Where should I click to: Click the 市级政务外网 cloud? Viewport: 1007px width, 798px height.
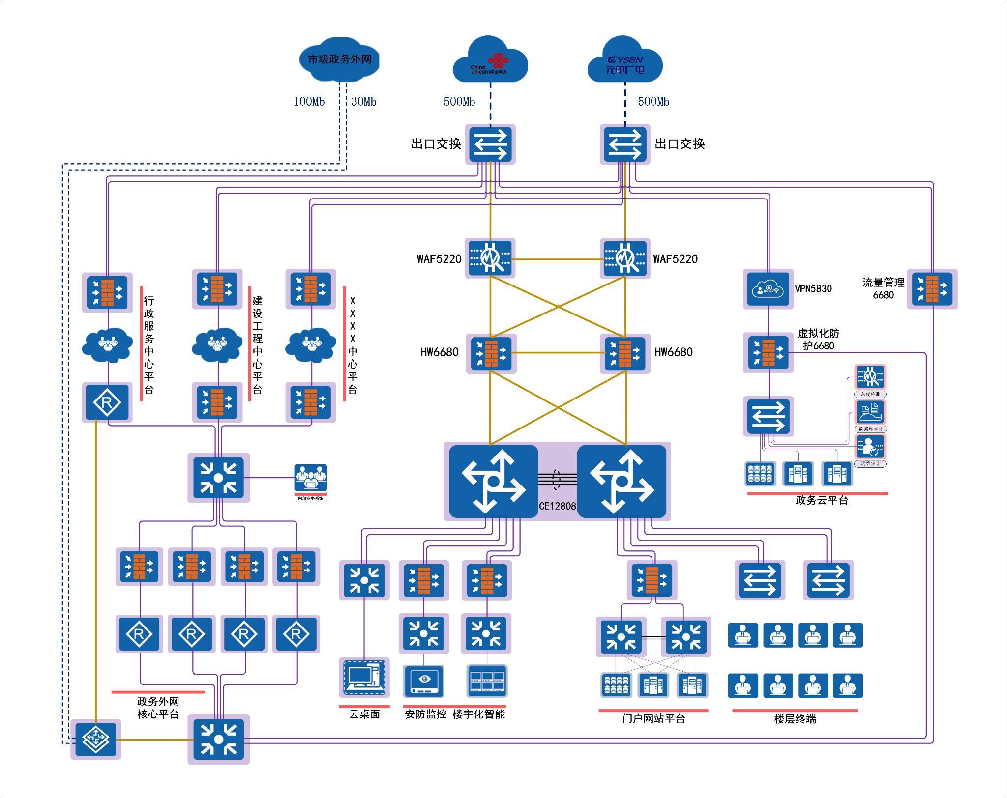coord(339,59)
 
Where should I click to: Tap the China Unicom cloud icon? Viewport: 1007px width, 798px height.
coord(490,61)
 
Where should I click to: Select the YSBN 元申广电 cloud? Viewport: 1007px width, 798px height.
coord(625,61)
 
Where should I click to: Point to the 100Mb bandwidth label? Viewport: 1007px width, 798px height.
coord(309,102)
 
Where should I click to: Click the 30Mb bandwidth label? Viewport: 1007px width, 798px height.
coord(364,102)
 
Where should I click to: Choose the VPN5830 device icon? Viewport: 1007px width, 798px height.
coord(768,289)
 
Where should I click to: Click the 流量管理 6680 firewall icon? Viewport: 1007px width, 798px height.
coord(932,289)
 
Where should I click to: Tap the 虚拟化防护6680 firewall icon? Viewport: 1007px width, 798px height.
coord(768,353)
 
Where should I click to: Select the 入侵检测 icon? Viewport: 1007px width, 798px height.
coord(870,377)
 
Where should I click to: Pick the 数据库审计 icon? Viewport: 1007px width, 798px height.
coord(870,412)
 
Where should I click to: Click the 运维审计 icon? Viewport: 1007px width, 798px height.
coord(870,447)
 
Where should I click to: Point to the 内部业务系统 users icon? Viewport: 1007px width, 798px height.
coord(310,478)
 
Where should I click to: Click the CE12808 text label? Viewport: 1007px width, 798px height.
coord(557,506)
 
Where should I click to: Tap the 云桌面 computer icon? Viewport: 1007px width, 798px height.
coord(364,677)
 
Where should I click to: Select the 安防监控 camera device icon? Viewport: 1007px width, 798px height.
coord(424,681)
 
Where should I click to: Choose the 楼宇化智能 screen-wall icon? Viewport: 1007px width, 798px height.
coord(486,681)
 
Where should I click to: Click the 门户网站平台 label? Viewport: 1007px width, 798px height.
coord(653,719)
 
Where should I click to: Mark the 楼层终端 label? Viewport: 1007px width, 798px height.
coord(795,719)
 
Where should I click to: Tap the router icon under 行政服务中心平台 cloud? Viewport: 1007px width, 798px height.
coord(107,402)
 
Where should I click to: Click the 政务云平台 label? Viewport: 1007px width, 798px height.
coord(822,500)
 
